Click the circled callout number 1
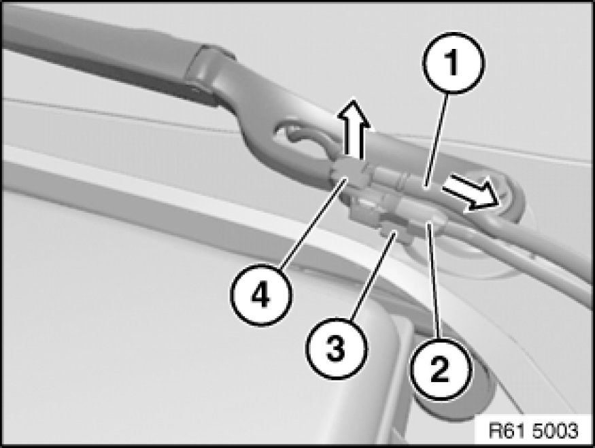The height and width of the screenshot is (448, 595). [453, 63]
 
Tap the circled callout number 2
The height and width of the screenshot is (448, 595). [440, 368]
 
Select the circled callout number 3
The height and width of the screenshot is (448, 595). [336, 348]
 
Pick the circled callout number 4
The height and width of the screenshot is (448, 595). [260, 295]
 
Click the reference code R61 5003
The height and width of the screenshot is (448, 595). [533, 431]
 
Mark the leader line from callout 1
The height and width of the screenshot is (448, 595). [437, 139]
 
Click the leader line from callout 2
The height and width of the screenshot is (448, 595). [435, 281]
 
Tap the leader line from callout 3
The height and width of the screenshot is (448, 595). [373, 276]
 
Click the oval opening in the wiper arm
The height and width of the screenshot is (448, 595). [300, 137]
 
